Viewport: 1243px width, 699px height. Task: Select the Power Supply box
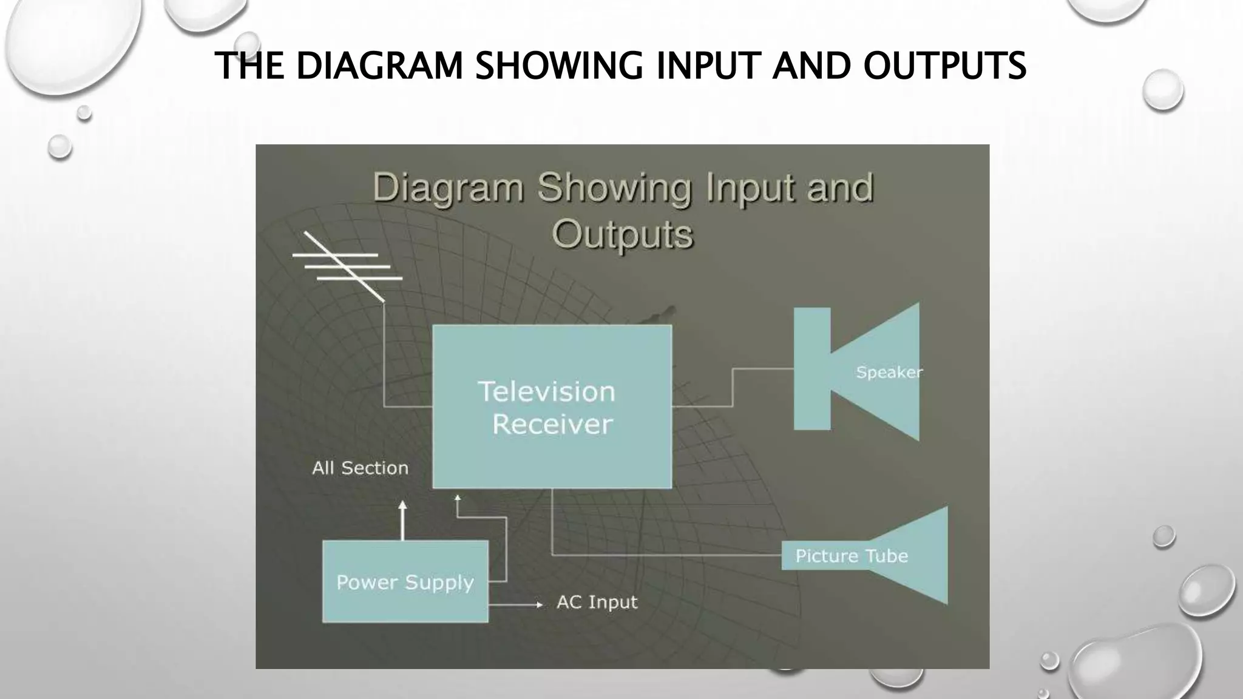tap(405, 581)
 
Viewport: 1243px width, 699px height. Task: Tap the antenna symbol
tap(347, 267)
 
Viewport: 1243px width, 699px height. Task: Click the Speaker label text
tap(889, 372)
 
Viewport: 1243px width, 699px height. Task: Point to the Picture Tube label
tap(852, 556)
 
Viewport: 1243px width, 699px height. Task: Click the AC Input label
tap(597, 602)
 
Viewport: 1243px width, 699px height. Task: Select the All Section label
tap(360, 468)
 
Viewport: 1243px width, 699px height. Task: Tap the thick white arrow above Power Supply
tap(402, 520)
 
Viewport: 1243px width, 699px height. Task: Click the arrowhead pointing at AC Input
tap(538, 604)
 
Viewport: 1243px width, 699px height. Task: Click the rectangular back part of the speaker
tap(812, 368)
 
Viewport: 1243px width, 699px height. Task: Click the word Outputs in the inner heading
tap(622, 234)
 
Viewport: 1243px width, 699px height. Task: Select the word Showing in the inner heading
tap(614, 187)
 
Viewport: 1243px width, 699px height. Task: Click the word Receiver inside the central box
tap(552, 424)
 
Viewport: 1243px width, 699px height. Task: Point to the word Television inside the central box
tap(546, 391)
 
